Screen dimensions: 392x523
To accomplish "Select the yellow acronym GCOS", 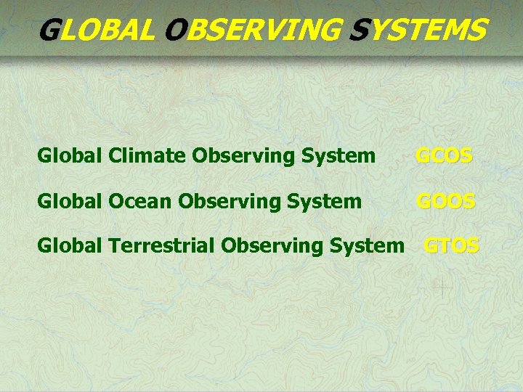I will [444, 156].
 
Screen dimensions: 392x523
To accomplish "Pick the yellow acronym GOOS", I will [445, 201].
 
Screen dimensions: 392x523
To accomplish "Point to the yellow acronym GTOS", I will [451, 246].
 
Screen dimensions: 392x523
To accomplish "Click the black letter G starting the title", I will [49, 30].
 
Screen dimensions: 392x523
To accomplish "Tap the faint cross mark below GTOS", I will [441, 287].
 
